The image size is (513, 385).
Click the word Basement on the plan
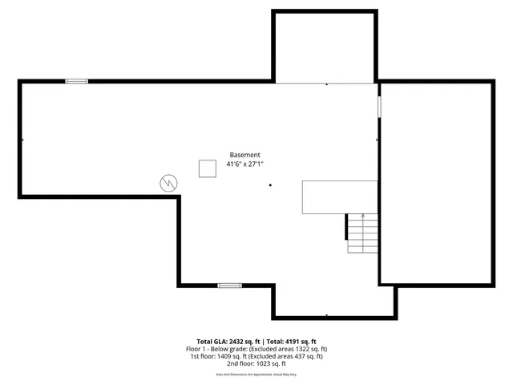point(244,155)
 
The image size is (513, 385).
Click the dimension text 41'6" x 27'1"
point(244,164)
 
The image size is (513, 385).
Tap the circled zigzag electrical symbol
point(169,182)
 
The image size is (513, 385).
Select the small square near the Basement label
point(208,168)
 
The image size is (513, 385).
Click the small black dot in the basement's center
point(271,185)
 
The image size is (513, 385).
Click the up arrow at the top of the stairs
point(363,216)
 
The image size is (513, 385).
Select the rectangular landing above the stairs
point(339,197)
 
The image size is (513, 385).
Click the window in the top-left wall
point(77,81)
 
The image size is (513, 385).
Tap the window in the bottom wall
point(230,285)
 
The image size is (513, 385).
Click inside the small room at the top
point(324,47)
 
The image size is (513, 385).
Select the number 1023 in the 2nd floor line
point(256,364)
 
